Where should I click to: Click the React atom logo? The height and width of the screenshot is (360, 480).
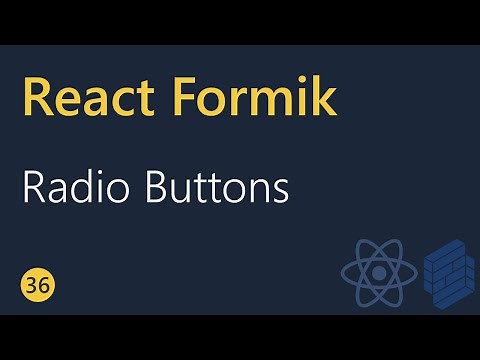[x=377, y=273]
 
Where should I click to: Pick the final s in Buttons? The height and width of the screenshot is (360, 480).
[x=281, y=191]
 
